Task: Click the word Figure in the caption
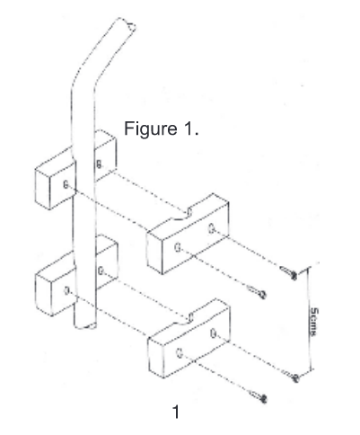[x=151, y=129]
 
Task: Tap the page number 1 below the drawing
[x=176, y=412]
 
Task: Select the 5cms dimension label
[x=313, y=322]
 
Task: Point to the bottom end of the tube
[x=85, y=325]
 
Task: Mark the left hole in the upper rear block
[x=66, y=184]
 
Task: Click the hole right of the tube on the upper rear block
[x=99, y=164]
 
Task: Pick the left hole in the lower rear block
[x=67, y=290]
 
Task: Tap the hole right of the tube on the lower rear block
[x=101, y=271]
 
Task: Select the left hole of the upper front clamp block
[x=178, y=248]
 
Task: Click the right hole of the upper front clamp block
[x=212, y=229]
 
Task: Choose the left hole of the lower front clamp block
[x=180, y=353]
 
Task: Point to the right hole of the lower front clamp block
[x=214, y=333]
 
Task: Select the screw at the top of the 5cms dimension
[x=289, y=272]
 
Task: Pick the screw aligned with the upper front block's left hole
[x=257, y=292]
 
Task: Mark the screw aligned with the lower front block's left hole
[x=258, y=396]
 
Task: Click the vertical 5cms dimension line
[x=310, y=319]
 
